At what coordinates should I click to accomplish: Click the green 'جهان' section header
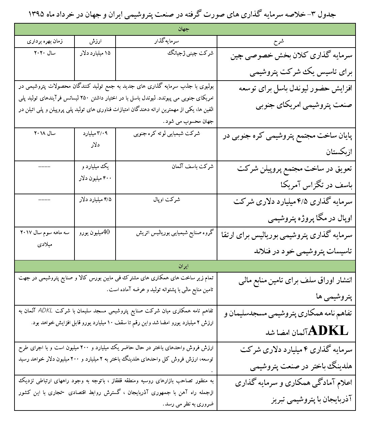pos(185,29)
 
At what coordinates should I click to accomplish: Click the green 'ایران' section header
pos(185,266)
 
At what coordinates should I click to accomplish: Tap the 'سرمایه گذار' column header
pos(166,41)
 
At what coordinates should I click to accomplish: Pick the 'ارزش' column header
pos(95,41)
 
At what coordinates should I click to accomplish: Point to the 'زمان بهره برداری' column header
pos(45,41)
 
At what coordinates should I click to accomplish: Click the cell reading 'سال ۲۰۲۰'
pos(45,53)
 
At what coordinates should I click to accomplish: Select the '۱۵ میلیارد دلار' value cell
pos(95,53)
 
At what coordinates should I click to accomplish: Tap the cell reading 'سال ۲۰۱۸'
pos(45,133)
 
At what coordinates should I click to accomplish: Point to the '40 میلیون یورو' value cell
pos(95,232)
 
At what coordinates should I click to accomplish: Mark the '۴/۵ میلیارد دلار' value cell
pos(95,199)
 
